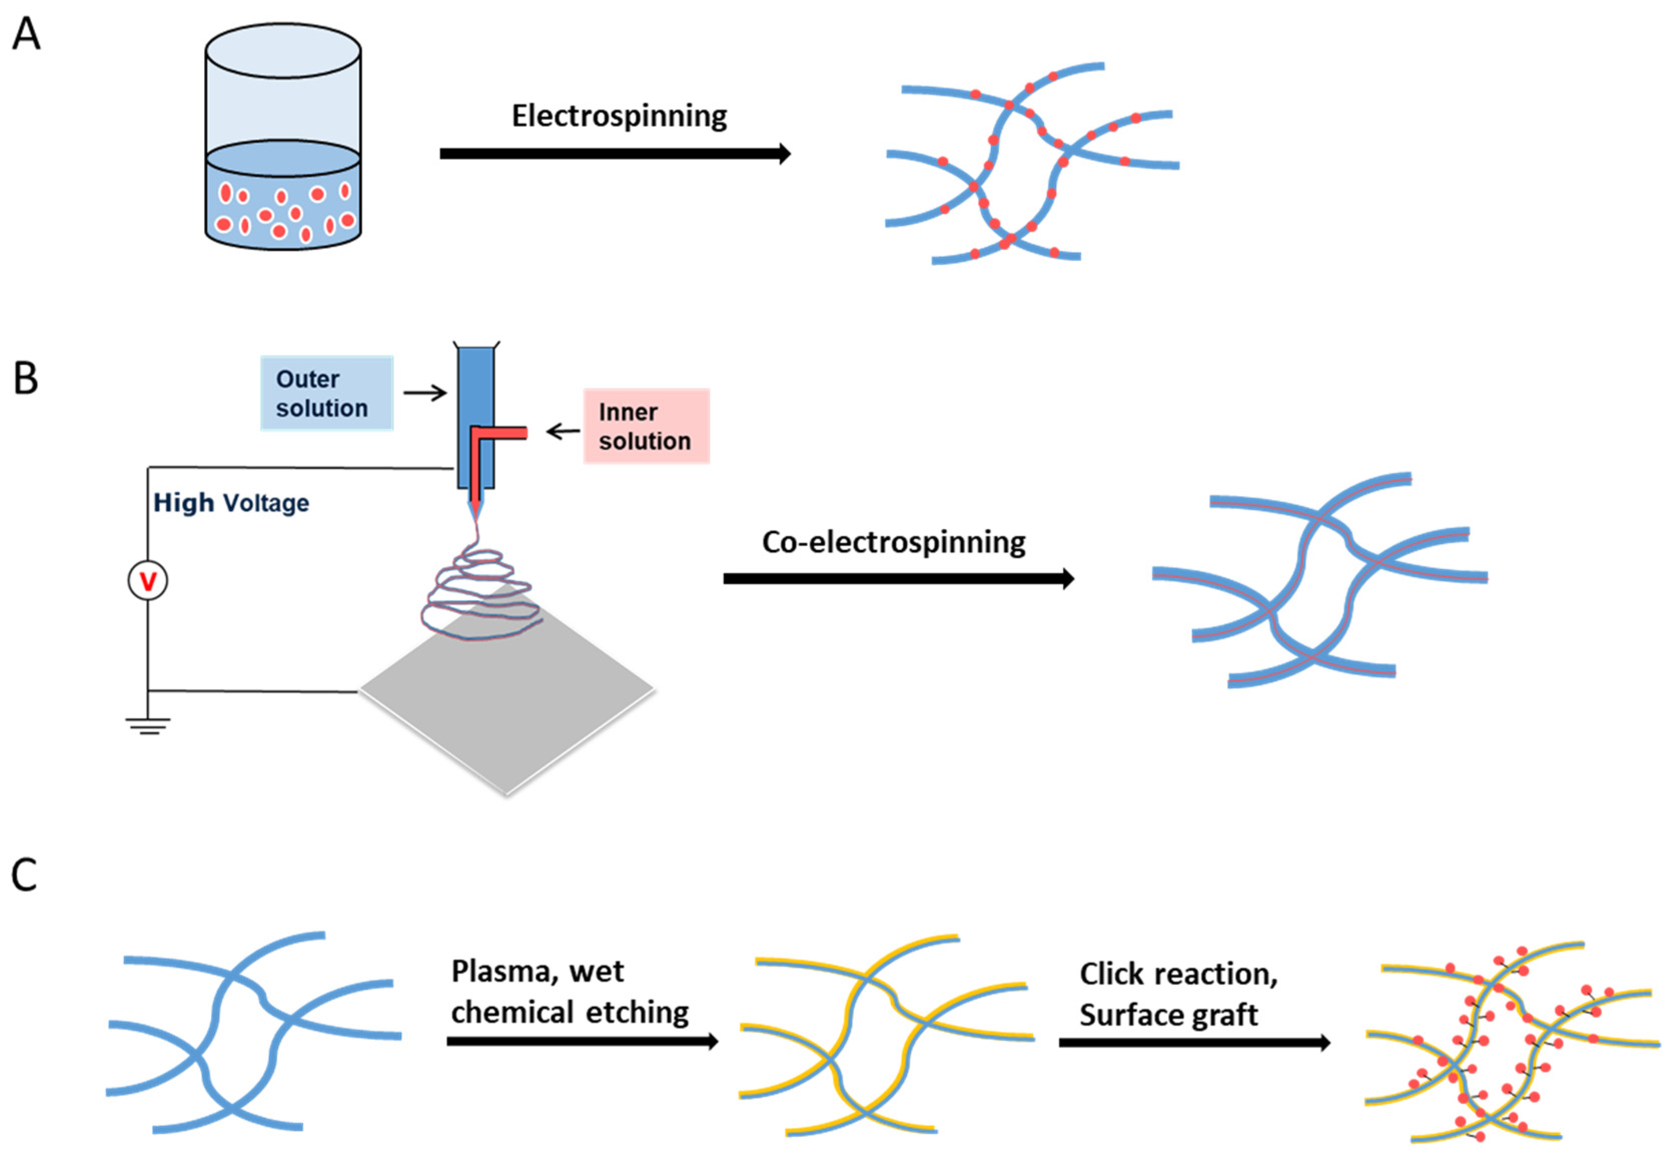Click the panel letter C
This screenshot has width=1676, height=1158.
click(24, 875)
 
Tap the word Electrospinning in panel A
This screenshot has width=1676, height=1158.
click(619, 116)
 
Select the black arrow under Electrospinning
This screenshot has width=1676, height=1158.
click(615, 154)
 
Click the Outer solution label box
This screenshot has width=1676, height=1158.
click(326, 393)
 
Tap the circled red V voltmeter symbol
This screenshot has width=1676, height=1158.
click(148, 581)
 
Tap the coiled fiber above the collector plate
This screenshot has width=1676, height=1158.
click(480, 595)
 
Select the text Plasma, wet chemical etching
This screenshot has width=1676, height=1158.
click(570, 991)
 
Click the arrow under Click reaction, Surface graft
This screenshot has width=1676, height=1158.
click(1194, 1042)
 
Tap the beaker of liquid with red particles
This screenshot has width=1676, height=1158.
click(283, 138)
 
